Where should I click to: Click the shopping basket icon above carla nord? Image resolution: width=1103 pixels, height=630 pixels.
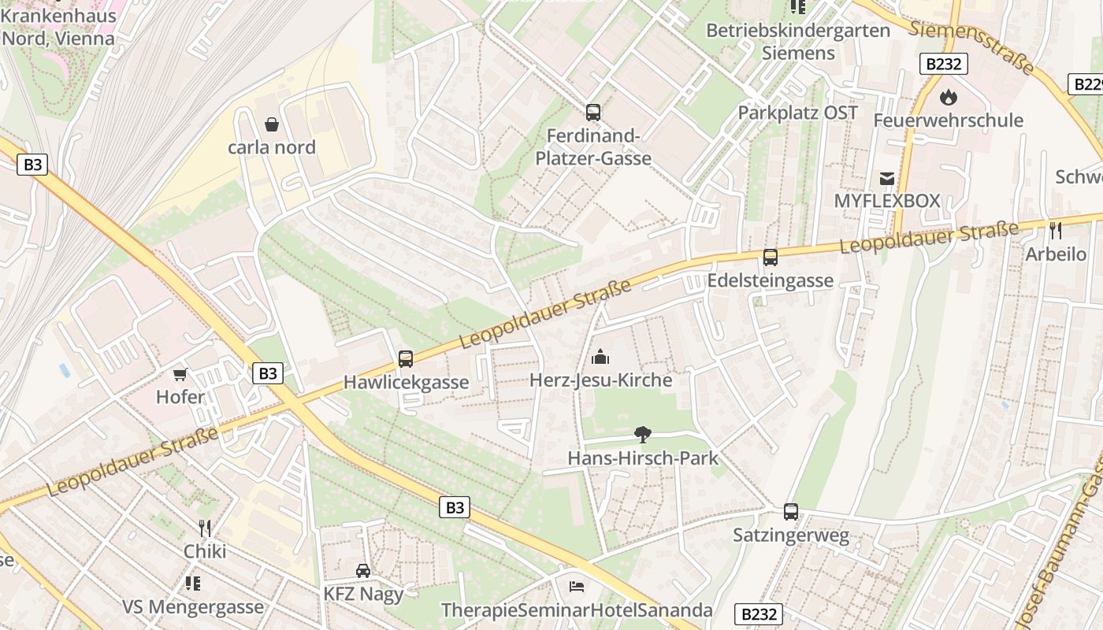(x=272, y=124)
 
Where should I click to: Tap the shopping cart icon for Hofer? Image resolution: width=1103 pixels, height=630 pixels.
(x=180, y=374)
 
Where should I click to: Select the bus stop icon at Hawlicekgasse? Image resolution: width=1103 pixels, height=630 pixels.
(x=406, y=359)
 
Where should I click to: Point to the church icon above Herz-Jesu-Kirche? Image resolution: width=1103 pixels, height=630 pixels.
(x=600, y=358)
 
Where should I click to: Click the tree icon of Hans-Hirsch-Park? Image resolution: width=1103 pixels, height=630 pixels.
(x=643, y=434)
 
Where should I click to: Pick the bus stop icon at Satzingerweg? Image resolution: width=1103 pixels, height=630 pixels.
(x=791, y=512)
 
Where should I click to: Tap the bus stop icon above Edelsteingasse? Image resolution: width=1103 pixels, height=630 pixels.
(x=771, y=258)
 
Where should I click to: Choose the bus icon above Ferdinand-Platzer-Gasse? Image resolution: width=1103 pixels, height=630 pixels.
(x=593, y=113)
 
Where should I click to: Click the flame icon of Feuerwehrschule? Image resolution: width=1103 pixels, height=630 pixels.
(x=948, y=98)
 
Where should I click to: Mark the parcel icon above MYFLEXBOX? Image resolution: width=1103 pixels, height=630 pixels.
(x=887, y=178)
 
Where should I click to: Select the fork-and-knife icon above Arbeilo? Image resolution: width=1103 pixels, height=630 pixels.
(x=1056, y=231)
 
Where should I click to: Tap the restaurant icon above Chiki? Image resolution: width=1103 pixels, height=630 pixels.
(x=205, y=528)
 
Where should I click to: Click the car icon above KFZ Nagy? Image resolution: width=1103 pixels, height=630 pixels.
(x=363, y=570)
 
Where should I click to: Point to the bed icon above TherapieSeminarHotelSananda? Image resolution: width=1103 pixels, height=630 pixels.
(x=577, y=587)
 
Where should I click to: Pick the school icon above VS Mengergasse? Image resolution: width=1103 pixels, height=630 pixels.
(x=192, y=584)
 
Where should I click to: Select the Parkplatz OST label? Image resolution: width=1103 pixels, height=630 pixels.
(x=797, y=113)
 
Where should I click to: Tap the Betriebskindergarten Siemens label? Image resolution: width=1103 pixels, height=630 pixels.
(x=798, y=42)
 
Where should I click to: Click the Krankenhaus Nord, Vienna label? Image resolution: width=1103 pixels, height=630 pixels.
(x=58, y=26)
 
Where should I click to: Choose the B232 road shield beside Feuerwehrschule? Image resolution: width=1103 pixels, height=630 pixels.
(x=943, y=64)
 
